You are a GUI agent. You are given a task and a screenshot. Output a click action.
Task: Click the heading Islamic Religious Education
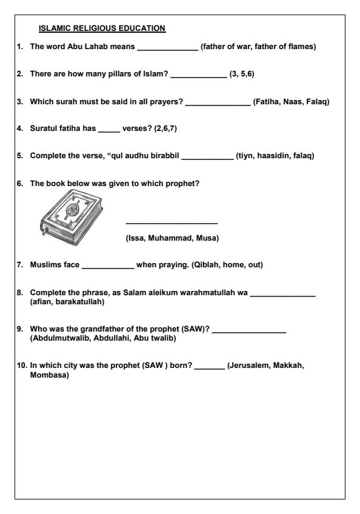102,28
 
